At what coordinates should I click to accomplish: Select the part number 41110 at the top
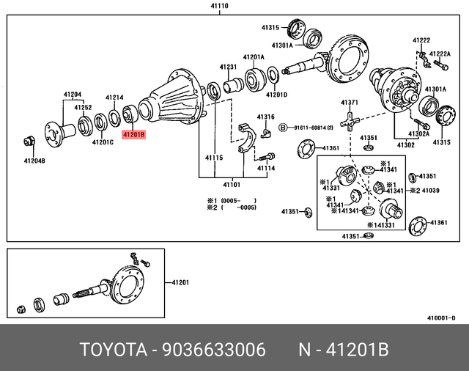coord(219,5)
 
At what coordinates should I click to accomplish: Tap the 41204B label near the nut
coord(34,161)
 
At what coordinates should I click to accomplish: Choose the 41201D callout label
coord(276,95)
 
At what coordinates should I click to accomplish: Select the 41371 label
coord(349,102)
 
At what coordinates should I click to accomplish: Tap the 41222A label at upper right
coord(440,54)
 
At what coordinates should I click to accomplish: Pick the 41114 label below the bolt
coord(266,168)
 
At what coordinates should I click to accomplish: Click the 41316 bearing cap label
coord(265,117)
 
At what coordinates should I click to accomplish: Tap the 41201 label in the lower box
coord(180,282)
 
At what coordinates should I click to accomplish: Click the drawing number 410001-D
coord(441,317)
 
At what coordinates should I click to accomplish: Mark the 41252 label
coord(82,108)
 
